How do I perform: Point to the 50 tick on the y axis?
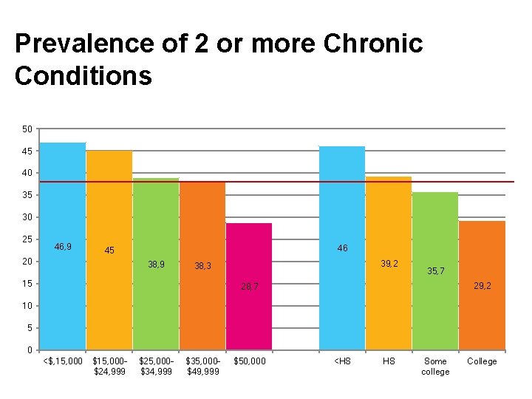(x=27, y=129)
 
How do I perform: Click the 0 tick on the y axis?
(x=29, y=349)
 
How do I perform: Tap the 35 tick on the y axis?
(x=27, y=195)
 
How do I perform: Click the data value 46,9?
(x=63, y=246)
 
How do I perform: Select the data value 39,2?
(x=389, y=263)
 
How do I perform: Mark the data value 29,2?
(x=482, y=284)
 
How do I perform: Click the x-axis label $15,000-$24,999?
(x=109, y=366)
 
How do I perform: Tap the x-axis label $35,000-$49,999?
(x=202, y=366)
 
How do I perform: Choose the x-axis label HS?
(x=389, y=361)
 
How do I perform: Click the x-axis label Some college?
(x=435, y=366)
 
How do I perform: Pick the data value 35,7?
(x=436, y=271)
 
